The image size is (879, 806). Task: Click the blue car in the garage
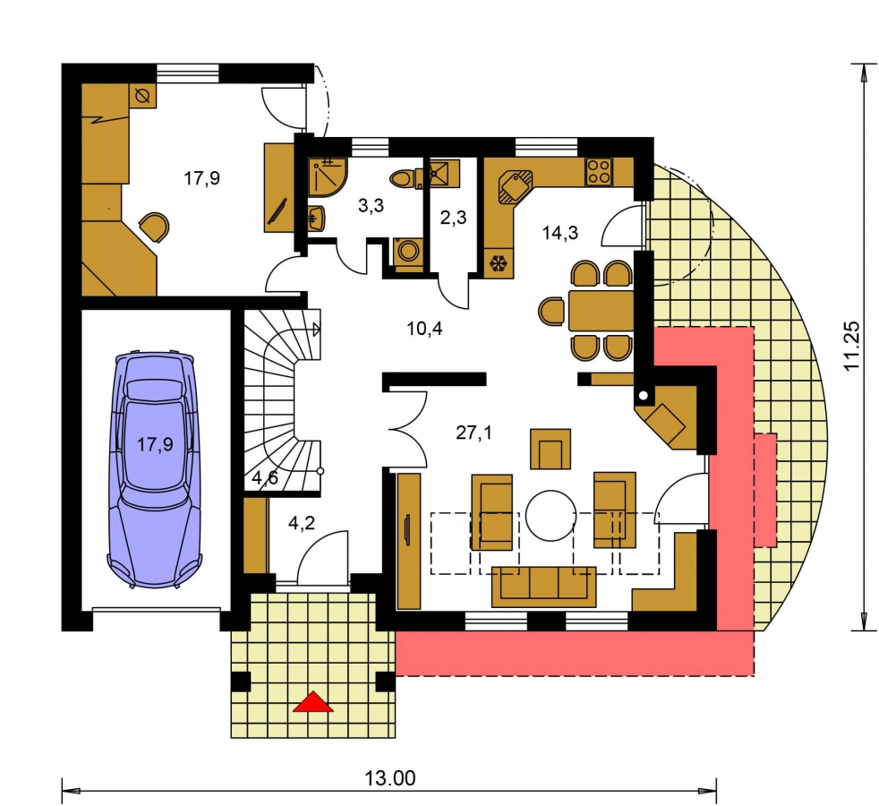coord(155,469)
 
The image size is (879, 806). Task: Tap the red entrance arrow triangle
coord(312,702)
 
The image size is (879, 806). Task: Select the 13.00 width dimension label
coord(390,778)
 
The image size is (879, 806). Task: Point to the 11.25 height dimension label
coord(851,346)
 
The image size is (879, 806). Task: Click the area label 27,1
coord(474,433)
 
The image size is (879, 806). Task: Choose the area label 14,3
coord(560,232)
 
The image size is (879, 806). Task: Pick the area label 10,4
coord(424,328)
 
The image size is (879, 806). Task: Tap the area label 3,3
coord(371,206)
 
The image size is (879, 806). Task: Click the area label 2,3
coord(453,217)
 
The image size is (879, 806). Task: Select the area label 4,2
coord(301,523)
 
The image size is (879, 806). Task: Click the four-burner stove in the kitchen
coord(599,172)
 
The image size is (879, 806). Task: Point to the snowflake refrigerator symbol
coord(498,263)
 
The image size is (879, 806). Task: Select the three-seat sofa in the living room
coord(543,587)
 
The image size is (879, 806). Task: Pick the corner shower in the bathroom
coord(328,177)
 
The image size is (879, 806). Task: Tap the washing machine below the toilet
coord(409,251)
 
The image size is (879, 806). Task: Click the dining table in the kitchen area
coord(601,310)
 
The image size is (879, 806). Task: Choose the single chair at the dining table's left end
coord(551,311)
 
